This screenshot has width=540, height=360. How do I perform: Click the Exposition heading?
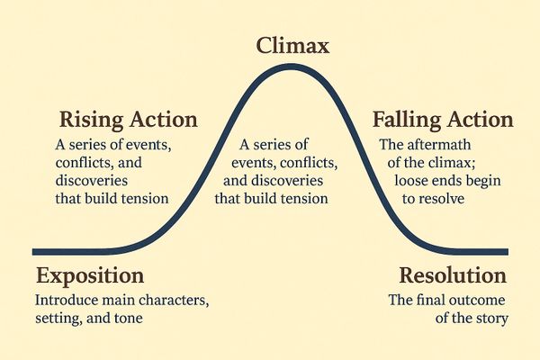92,275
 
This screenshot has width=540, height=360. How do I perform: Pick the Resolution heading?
453,275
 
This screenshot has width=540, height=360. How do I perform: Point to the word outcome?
477,300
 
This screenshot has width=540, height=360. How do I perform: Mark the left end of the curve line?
34,251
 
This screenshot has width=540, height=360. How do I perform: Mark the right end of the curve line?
506,251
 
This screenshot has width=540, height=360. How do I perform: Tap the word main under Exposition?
118,300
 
